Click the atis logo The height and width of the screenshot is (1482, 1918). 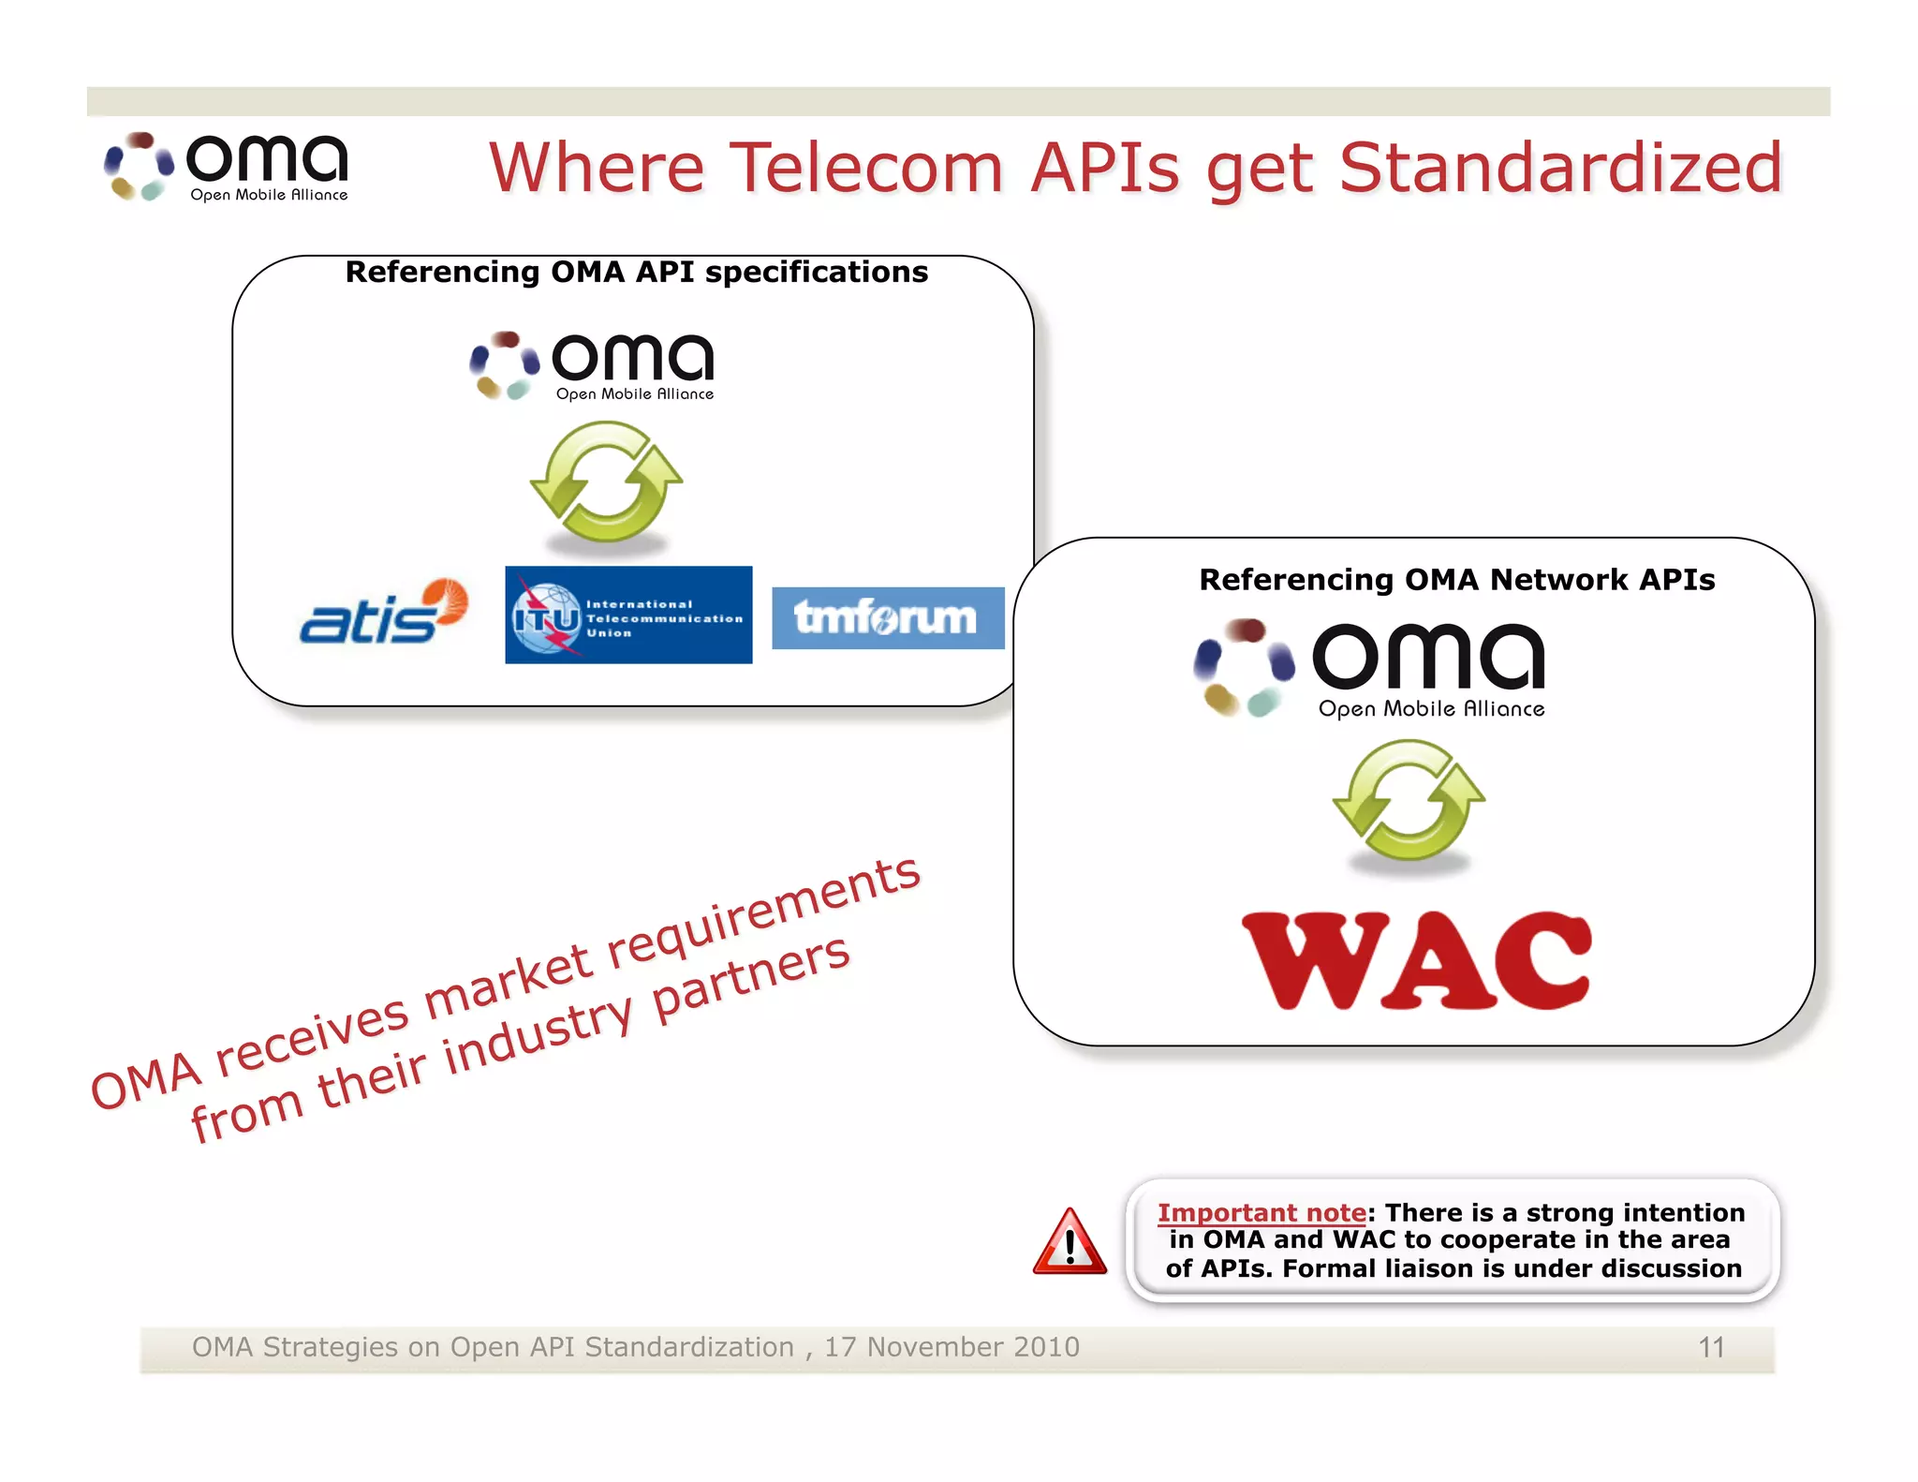(x=382, y=613)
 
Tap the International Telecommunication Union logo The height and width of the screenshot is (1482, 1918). (x=627, y=615)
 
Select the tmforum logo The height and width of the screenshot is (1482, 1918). (x=887, y=618)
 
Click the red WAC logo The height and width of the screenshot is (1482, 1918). (x=1415, y=961)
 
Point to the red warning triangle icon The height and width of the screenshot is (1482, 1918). (x=1069, y=1243)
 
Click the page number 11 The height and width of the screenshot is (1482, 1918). (x=1711, y=1347)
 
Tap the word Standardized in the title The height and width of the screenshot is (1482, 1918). (x=1560, y=169)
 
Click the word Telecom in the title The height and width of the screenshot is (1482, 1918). (x=866, y=169)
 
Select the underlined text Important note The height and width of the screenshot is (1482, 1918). (x=1261, y=1213)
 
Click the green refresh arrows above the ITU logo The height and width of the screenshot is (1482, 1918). (x=607, y=482)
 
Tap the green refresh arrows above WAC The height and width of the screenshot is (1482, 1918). (x=1409, y=800)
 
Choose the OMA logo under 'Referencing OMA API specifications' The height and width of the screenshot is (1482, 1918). (x=592, y=365)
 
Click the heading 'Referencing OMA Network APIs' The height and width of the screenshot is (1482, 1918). (x=1456, y=580)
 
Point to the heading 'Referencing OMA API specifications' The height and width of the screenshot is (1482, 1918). (x=636, y=272)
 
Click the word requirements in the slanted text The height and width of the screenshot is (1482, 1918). (x=763, y=912)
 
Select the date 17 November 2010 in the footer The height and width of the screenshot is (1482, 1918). (x=952, y=1347)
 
